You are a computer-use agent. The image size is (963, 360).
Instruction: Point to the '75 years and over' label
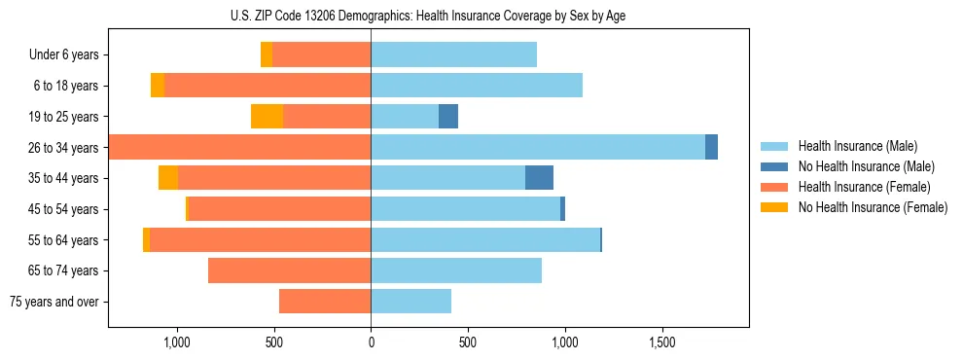point(54,302)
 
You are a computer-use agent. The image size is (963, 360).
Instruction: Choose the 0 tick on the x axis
point(371,343)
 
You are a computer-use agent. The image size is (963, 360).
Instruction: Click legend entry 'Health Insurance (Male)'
point(857,146)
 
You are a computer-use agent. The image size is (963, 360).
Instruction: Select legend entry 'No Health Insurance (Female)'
point(873,207)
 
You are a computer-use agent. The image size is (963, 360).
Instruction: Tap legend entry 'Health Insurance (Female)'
point(864,187)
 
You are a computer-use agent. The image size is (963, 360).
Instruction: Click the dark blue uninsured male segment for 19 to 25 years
point(448,117)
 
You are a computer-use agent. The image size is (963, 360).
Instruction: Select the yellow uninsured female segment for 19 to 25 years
point(267,117)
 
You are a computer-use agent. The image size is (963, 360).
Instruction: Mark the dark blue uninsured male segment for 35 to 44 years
point(539,178)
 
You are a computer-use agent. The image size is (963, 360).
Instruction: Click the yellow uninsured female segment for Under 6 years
point(267,55)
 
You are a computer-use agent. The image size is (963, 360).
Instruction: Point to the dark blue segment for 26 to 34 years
point(711,148)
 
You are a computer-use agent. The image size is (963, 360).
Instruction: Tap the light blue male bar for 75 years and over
point(410,302)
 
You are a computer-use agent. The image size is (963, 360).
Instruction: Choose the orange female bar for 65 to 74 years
point(289,270)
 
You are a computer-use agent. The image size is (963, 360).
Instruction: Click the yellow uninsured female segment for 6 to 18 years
point(158,86)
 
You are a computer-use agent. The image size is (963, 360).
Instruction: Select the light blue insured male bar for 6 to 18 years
point(477,86)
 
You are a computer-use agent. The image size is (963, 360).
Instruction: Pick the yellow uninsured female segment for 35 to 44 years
point(168,178)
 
